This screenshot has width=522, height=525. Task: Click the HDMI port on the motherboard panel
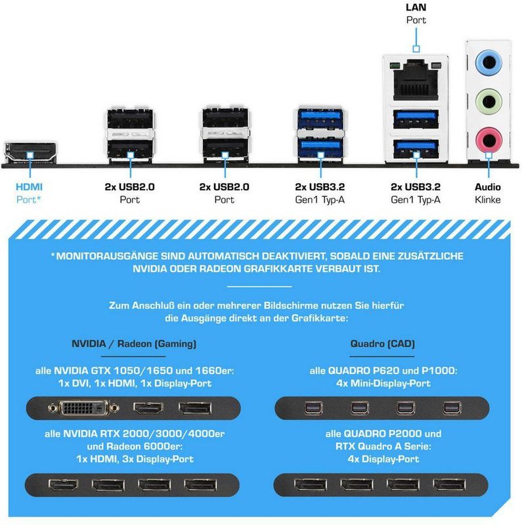click(30, 153)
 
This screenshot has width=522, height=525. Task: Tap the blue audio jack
click(488, 62)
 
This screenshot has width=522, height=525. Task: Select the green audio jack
click(488, 101)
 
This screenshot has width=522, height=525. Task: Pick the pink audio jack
click(488, 140)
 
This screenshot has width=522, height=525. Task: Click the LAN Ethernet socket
click(416, 79)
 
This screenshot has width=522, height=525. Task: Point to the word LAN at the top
click(416, 7)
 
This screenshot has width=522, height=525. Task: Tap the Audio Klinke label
click(487, 193)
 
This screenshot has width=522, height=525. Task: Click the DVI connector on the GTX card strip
click(83, 408)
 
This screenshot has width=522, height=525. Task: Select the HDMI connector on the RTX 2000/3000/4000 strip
click(63, 484)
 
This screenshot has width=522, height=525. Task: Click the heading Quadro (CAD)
click(382, 343)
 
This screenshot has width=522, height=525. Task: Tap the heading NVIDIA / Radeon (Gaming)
click(134, 344)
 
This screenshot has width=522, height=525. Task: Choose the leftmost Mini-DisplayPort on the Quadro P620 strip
click(314, 408)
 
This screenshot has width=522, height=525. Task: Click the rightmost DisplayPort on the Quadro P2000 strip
click(449, 484)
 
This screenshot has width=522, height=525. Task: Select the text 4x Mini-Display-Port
click(383, 383)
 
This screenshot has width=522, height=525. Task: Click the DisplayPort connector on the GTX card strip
click(195, 408)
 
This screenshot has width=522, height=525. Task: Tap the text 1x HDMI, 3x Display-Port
click(135, 459)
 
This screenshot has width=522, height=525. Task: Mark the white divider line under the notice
click(259, 287)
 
